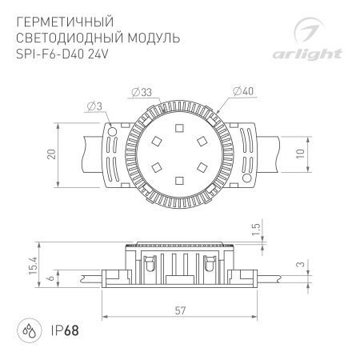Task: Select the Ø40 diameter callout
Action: click(x=246, y=93)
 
